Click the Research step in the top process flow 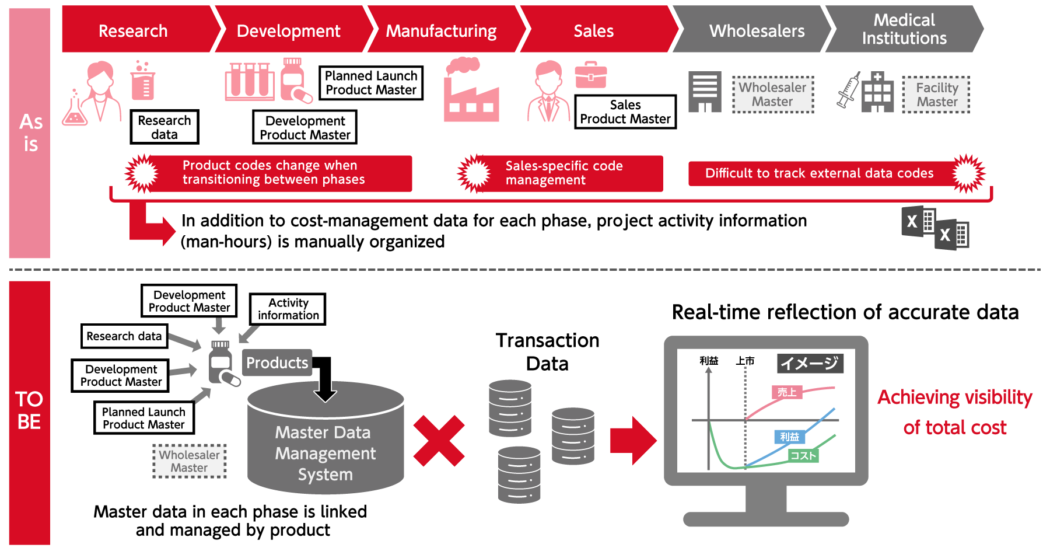coord(134,30)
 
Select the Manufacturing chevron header coord(441,30)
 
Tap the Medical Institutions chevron coord(904,29)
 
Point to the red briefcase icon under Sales coord(591,75)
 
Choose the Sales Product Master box coord(625,112)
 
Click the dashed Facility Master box coord(936,95)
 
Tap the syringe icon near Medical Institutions coord(848,90)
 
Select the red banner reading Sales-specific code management coord(563,173)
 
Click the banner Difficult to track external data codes coord(819,173)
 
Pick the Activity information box coord(288,309)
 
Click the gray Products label coord(277,363)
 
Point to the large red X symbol coord(439,441)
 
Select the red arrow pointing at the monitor coord(633,441)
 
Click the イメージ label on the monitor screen coord(810,364)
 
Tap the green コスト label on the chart coord(803,456)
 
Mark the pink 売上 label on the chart coord(787,392)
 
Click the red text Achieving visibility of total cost coord(955,412)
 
